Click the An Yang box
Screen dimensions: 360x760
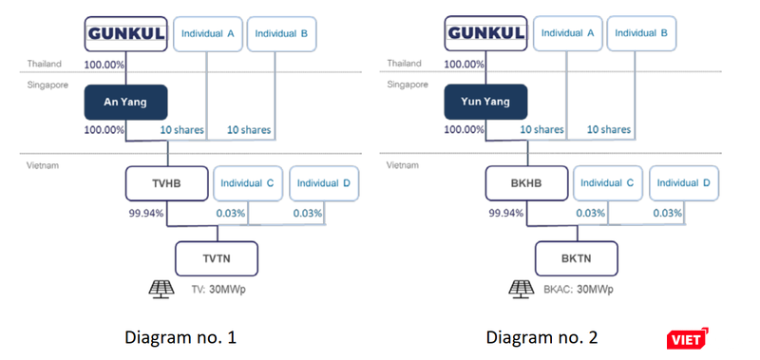click(125, 103)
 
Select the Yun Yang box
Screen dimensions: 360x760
click(485, 103)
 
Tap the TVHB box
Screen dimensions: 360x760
click(166, 182)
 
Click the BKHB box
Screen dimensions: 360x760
click(526, 182)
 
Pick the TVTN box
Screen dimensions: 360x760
click(217, 257)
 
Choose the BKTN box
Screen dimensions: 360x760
click(576, 257)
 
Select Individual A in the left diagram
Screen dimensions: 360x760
click(209, 33)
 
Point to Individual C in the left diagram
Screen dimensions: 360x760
click(248, 182)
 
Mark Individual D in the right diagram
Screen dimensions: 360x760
click(684, 182)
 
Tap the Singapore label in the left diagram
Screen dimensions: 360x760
click(46, 85)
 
